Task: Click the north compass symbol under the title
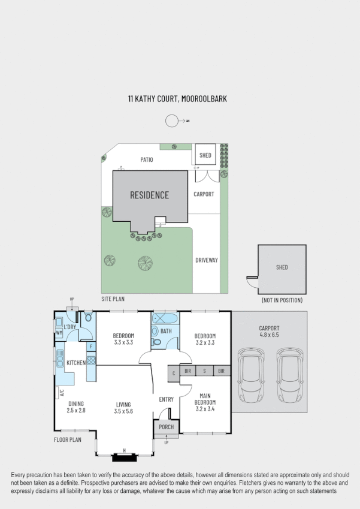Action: [173, 121]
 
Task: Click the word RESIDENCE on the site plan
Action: [149, 195]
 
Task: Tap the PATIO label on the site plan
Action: [146, 160]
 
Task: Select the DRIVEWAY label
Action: [206, 260]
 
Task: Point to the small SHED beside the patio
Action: [205, 155]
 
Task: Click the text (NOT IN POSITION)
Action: [282, 300]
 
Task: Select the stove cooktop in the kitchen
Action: [91, 360]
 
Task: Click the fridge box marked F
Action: [91, 346]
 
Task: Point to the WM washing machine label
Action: [59, 332]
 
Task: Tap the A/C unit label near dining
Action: [60, 393]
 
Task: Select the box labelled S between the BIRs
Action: [204, 372]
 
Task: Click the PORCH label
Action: [166, 427]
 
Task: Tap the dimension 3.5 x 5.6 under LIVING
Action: [123, 411]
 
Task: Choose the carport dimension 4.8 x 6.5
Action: [269, 335]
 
